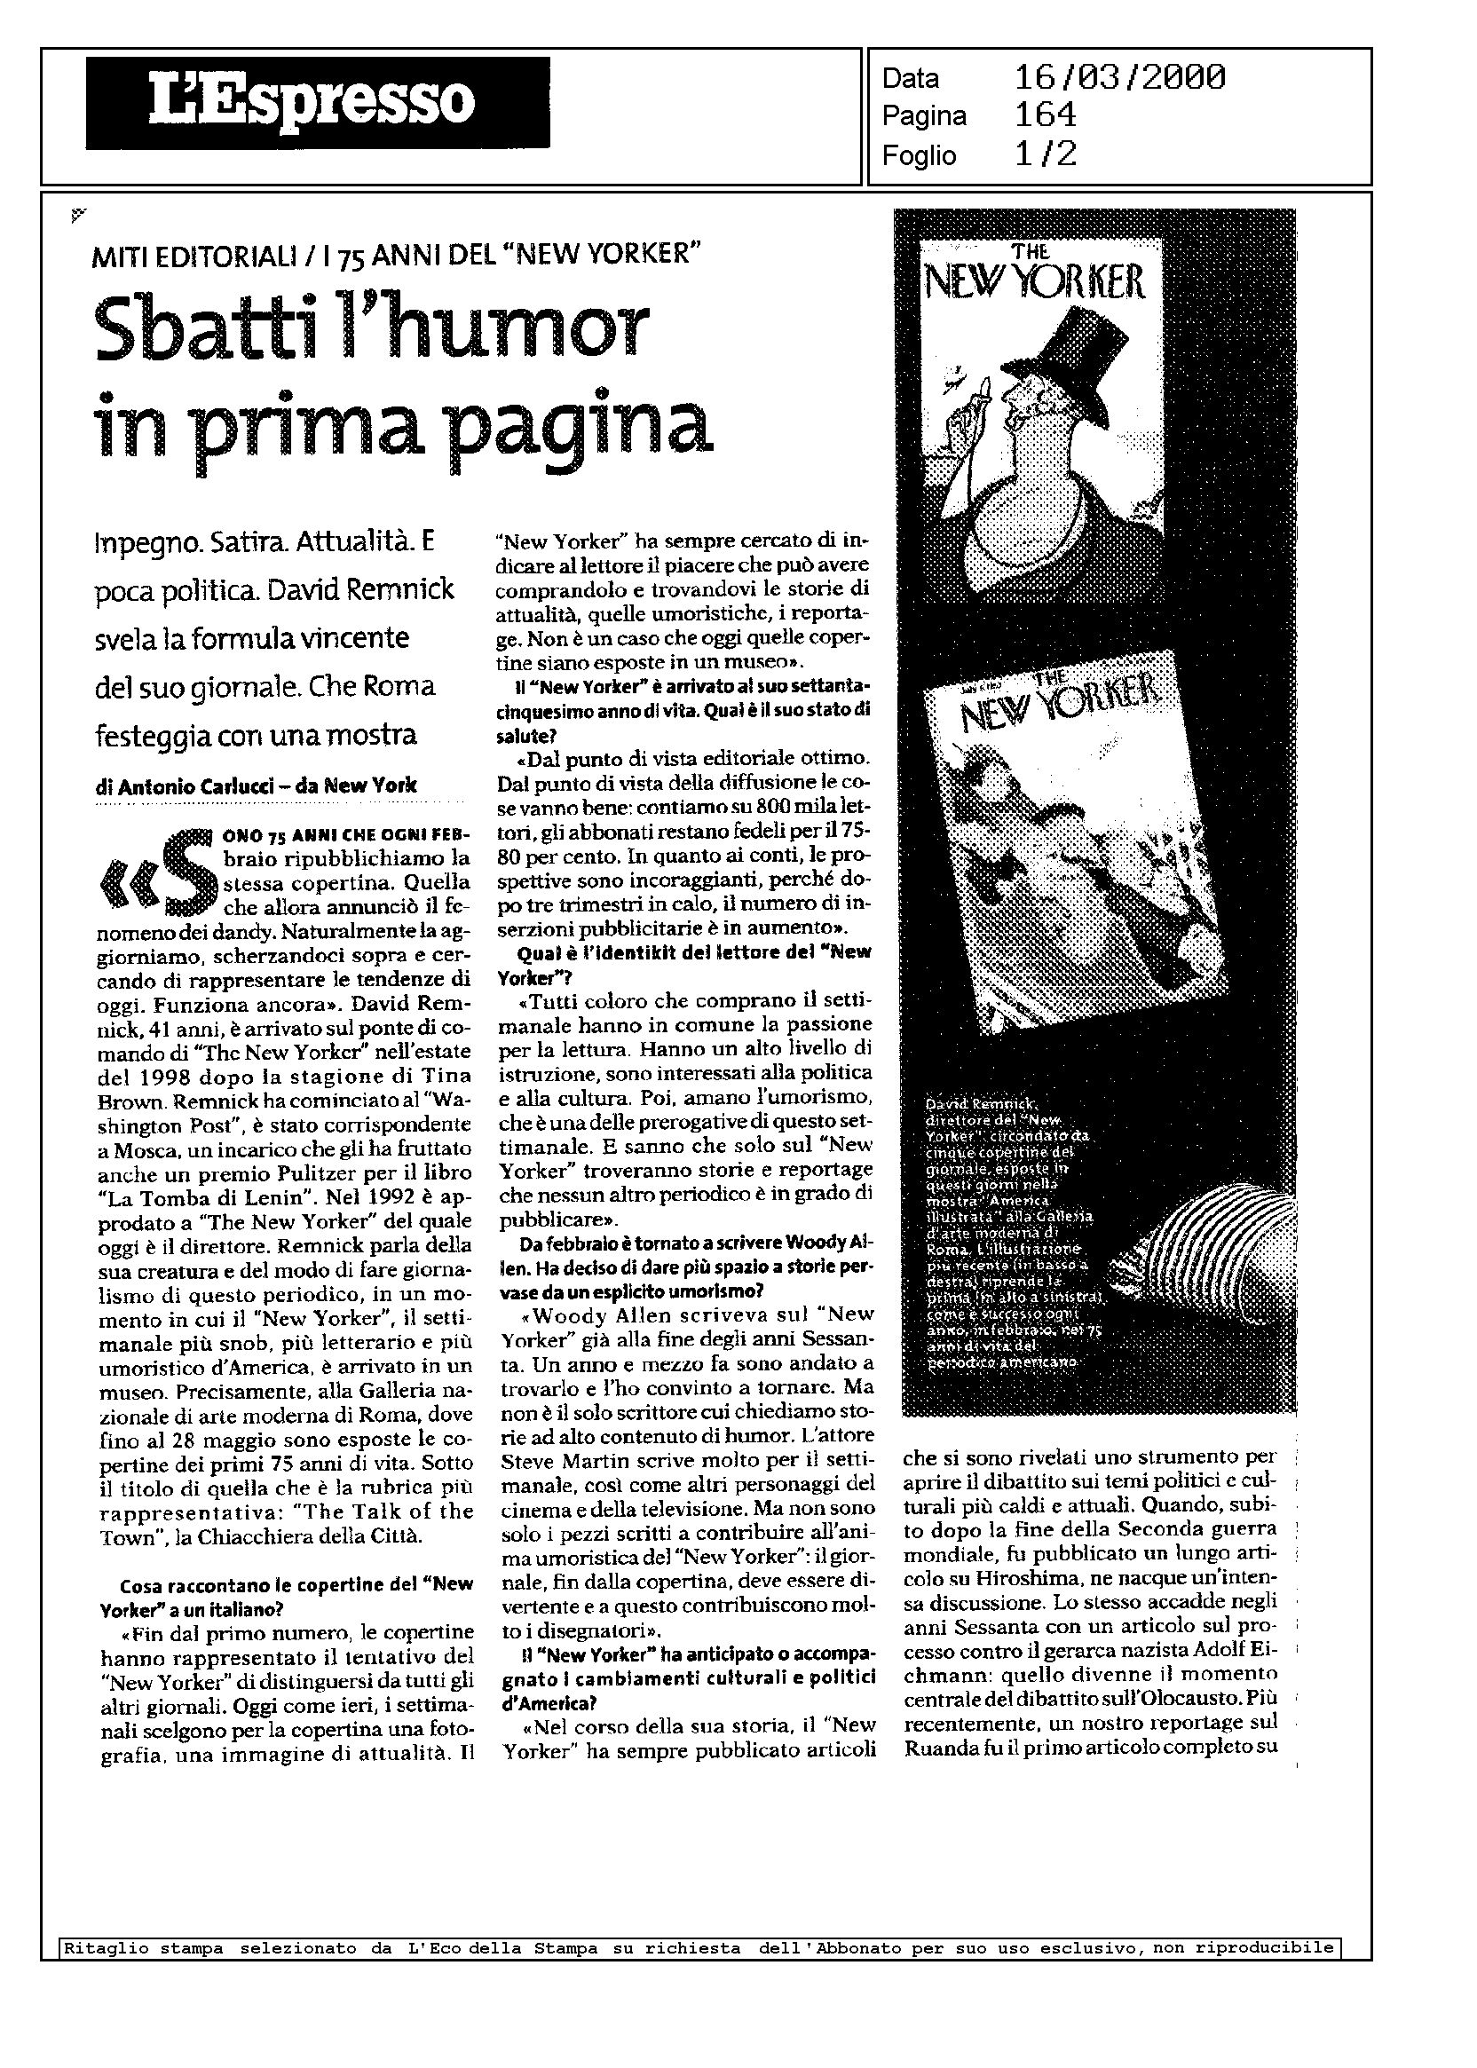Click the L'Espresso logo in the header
click(x=318, y=102)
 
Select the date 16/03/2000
click(x=1119, y=78)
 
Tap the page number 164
click(x=1045, y=115)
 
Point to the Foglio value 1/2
click(x=1045, y=154)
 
